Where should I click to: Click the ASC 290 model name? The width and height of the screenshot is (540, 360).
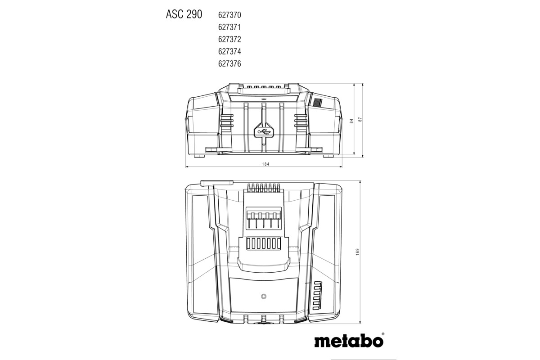point(184,14)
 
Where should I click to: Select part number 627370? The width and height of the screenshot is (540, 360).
point(229,15)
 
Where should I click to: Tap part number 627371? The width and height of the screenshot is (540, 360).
point(229,27)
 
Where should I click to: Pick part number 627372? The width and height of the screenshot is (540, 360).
point(229,39)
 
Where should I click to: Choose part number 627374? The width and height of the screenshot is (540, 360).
point(229,51)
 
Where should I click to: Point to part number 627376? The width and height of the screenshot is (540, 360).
point(229,63)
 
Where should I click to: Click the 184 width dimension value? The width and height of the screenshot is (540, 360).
point(265,164)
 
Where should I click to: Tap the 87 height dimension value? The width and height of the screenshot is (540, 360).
point(360,120)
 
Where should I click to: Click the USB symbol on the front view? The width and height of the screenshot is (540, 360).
point(264,132)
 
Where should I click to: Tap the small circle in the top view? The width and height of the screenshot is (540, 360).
point(263,296)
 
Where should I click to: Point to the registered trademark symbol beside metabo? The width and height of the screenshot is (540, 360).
point(383,334)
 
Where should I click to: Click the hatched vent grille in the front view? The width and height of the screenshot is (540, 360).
point(318,103)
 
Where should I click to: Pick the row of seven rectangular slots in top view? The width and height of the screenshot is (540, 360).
point(264,243)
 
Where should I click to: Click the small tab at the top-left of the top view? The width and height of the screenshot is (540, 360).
point(217,183)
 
